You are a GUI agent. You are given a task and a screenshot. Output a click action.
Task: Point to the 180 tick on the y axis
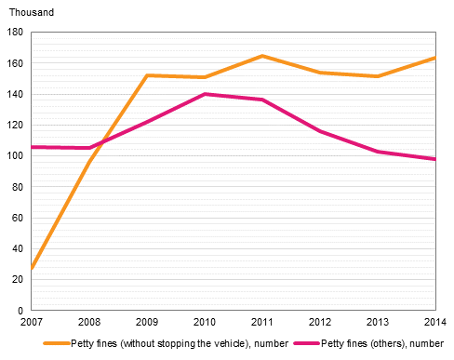pyautogui.click(x=16, y=33)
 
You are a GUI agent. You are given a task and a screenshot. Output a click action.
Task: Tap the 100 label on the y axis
pyautogui.click(x=16, y=156)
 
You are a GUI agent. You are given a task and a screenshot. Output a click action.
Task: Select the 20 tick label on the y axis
pyautogui.click(x=19, y=279)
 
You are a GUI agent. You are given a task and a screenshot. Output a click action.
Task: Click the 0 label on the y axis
pyautogui.click(x=21, y=310)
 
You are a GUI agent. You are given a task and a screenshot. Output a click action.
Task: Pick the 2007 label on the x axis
pyautogui.click(x=32, y=323)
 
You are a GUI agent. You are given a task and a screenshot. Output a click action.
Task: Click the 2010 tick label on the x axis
pyautogui.click(x=205, y=323)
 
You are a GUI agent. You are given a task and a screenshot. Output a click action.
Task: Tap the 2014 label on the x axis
pyautogui.click(x=434, y=323)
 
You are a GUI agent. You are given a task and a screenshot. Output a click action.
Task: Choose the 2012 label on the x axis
pyautogui.click(x=320, y=323)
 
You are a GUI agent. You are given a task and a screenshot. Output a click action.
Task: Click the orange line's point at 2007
pyautogui.click(x=33, y=268)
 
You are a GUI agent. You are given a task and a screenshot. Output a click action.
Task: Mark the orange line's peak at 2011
pyautogui.click(x=262, y=56)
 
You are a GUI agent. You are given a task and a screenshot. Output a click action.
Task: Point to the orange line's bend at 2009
pyautogui.click(x=147, y=75)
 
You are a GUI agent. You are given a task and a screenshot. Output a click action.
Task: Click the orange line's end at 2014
pyautogui.click(x=434, y=58)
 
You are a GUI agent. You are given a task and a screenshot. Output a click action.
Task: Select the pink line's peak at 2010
pyautogui.click(x=205, y=94)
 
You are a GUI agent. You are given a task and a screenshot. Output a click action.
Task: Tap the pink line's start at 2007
pyautogui.click(x=33, y=147)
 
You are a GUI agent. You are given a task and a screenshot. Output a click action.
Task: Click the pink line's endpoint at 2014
pyautogui.click(x=434, y=159)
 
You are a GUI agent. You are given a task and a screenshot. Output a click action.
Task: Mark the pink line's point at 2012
pyautogui.click(x=320, y=131)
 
